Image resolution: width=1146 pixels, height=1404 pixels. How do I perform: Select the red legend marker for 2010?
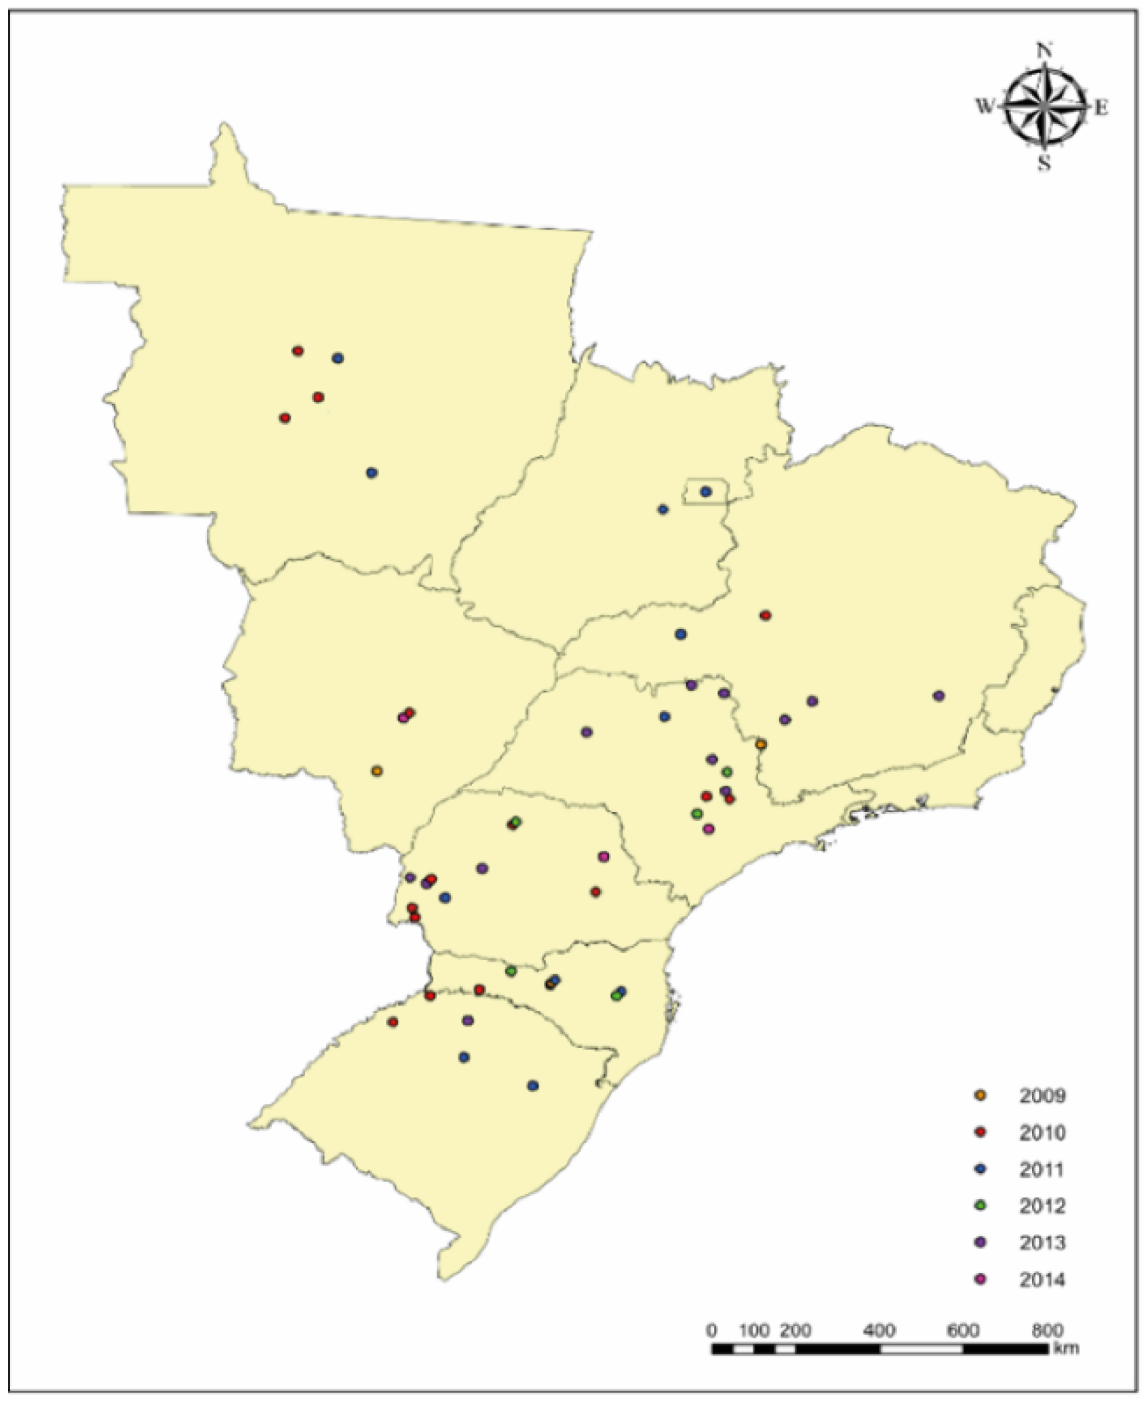pos(980,1133)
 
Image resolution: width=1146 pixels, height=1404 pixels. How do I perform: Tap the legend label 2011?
pos(1042,1169)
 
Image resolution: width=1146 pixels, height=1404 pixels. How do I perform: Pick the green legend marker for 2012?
pos(980,1206)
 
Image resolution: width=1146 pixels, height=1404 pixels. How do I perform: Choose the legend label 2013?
pos(1042,1243)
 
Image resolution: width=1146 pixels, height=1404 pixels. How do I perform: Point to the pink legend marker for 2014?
pos(980,1280)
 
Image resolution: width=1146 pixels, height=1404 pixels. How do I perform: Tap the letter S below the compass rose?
pos(1044,163)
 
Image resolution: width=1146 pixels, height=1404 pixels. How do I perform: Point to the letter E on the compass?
pos(1102,107)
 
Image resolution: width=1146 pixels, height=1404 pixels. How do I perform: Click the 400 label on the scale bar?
pos(880,1330)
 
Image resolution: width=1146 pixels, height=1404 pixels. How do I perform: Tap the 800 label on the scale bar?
pos(1047,1330)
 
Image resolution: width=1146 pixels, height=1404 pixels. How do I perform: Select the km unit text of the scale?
pos(1066,1348)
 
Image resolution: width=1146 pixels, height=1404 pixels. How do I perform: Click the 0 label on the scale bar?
pos(712,1330)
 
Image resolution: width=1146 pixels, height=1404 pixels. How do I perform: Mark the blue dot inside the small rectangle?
pos(705,492)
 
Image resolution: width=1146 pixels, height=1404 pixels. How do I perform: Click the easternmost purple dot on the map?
pos(938,696)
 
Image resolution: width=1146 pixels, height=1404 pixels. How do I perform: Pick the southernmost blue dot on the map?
pos(533,1085)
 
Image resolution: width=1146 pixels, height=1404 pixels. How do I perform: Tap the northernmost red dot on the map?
pos(298,351)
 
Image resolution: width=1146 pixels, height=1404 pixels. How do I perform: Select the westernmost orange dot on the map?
pos(377,771)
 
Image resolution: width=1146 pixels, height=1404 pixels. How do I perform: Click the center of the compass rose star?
pos(1044,106)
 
